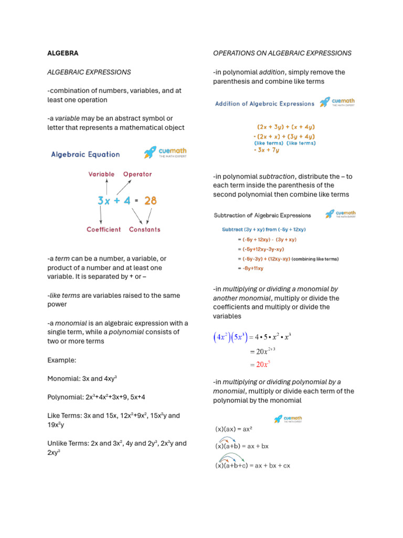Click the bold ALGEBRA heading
pyautogui.click(x=63, y=53)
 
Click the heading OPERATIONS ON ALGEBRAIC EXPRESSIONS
pyautogui.click(x=282, y=53)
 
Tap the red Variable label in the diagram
pyautogui.click(x=101, y=174)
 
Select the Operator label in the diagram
pyautogui.click(x=137, y=174)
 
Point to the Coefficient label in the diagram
pyautogui.click(x=103, y=229)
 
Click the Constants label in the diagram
pyautogui.click(x=145, y=229)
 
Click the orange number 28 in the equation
pyautogui.click(x=150, y=201)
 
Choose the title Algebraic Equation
pyautogui.click(x=85, y=154)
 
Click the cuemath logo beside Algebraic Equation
pyautogui.click(x=165, y=152)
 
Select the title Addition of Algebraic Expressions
pyautogui.click(x=264, y=104)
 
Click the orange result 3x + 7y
pyautogui.click(x=267, y=150)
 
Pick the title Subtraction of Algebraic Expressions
pyautogui.click(x=262, y=215)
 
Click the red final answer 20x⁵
pyautogui.click(x=263, y=364)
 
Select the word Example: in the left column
pyautogui.click(x=61, y=360)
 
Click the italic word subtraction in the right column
pyautogui.click(x=277, y=177)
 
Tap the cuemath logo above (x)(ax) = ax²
pyautogui.click(x=288, y=419)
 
